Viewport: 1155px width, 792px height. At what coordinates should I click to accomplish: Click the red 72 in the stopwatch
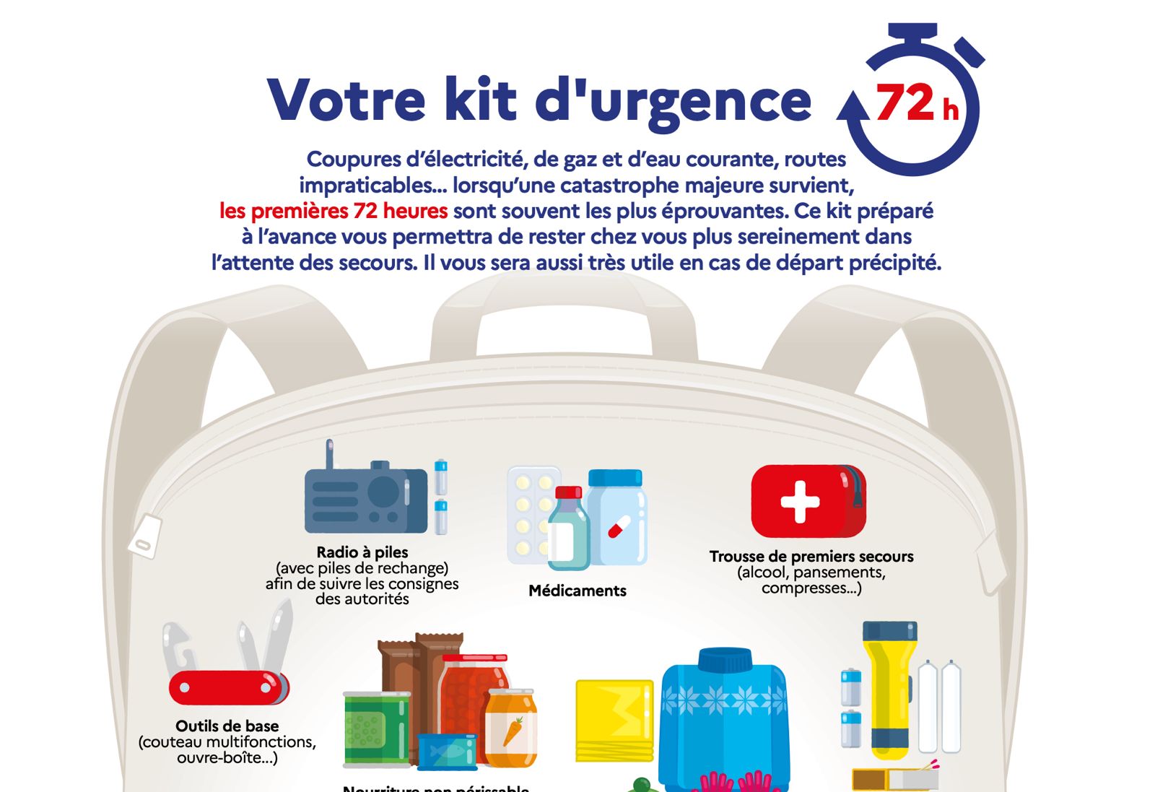pyautogui.click(x=905, y=103)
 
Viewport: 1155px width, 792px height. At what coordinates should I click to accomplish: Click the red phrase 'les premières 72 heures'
pyautogui.click(x=334, y=211)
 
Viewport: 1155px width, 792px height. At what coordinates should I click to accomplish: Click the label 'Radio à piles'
pyautogui.click(x=362, y=552)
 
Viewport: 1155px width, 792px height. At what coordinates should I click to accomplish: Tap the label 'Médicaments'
pyautogui.click(x=577, y=591)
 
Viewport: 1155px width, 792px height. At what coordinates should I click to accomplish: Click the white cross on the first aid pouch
pyautogui.click(x=800, y=501)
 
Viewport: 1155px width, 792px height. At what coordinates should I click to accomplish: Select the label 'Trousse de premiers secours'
pyautogui.click(x=811, y=557)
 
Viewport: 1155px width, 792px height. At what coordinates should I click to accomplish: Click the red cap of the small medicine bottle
pyautogui.click(x=568, y=492)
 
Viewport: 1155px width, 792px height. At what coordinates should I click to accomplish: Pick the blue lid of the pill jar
pyautogui.click(x=615, y=478)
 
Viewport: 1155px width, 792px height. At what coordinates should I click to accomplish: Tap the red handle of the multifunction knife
pyautogui.click(x=227, y=687)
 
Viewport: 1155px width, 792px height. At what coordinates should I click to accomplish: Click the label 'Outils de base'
pyautogui.click(x=227, y=726)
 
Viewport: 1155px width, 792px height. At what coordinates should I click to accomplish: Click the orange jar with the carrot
pyautogui.click(x=511, y=729)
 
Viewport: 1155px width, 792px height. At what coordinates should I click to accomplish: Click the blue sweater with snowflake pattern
pyautogui.click(x=724, y=715)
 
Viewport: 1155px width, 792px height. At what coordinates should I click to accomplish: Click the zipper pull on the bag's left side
pyautogui.click(x=144, y=536)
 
